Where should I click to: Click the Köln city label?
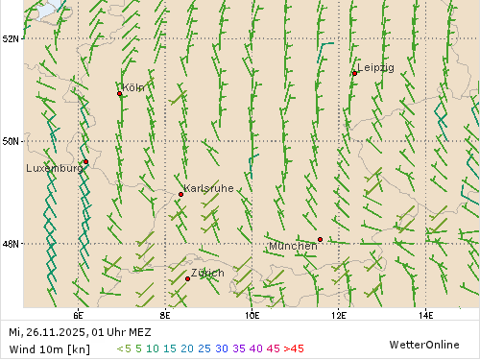tap(134, 87)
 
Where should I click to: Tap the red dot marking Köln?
tap(120, 93)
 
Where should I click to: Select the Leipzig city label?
tap(375, 67)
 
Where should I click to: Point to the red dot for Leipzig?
tap(354, 73)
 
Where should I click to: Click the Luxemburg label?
tap(54, 168)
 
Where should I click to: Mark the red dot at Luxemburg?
tap(85, 161)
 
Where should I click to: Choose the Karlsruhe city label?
tap(208, 188)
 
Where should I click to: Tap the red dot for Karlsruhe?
tap(180, 194)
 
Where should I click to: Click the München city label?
tap(293, 246)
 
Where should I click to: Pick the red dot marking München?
tap(320, 239)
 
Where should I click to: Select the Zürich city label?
tap(207, 274)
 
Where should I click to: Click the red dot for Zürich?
tap(187, 278)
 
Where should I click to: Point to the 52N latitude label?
tap(11, 38)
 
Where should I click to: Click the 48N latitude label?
tap(11, 243)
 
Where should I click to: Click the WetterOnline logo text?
tap(423, 344)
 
